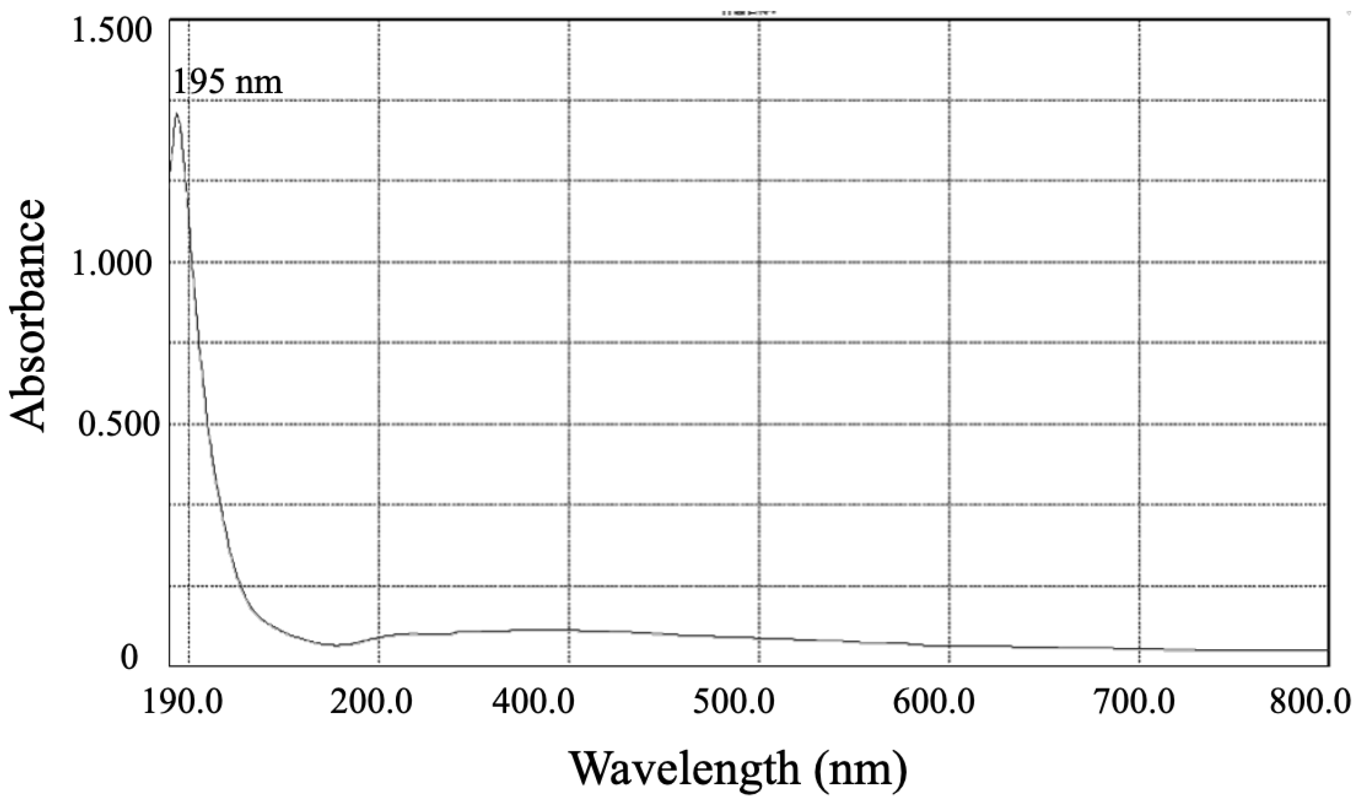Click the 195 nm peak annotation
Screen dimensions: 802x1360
pyautogui.click(x=228, y=83)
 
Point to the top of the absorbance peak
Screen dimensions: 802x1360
pyautogui.click(x=177, y=114)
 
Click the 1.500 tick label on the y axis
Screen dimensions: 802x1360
pyautogui.click(x=113, y=32)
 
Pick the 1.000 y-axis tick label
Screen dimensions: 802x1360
pyautogui.click(x=113, y=263)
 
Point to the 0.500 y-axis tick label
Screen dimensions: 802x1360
pyautogui.click(x=113, y=425)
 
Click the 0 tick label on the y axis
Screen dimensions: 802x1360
pyautogui.click(x=129, y=658)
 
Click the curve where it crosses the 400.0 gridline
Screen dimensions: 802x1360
pyautogui.click(x=569, y=630)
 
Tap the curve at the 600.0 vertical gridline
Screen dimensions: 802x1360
pyautogui.click(x=949, y=646)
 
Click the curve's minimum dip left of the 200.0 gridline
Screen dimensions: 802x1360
pyautogui.click(x=337, y=645)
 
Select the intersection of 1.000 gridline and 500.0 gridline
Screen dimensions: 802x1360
pyautogui.click(x=759, y=263)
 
